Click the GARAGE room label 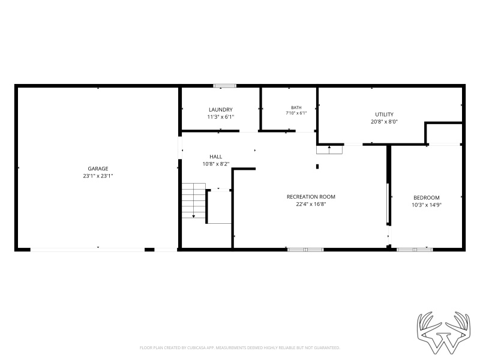coord(98,169)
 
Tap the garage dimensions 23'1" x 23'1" coord(98,176)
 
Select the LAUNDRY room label coord(221,110)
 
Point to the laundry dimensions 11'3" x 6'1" coord(221,117)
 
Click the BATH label coord(296,108)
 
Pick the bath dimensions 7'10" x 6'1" coord(296,113)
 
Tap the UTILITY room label coord(384,115)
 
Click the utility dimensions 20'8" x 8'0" coord(384,122)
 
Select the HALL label coord(216,157)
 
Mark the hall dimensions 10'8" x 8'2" coord(216,164)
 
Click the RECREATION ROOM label coord(311,197)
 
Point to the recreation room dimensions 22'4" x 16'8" coord(311,204)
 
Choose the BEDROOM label coord(427,198)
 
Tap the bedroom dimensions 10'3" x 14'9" coord(427,205)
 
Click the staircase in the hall coord(193,200)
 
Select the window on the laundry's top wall coord(224,86)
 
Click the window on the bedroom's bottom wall coord(415,250)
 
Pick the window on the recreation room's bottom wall coord(305,250)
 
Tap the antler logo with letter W coord(443,332)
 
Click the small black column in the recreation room coord(317,167)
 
